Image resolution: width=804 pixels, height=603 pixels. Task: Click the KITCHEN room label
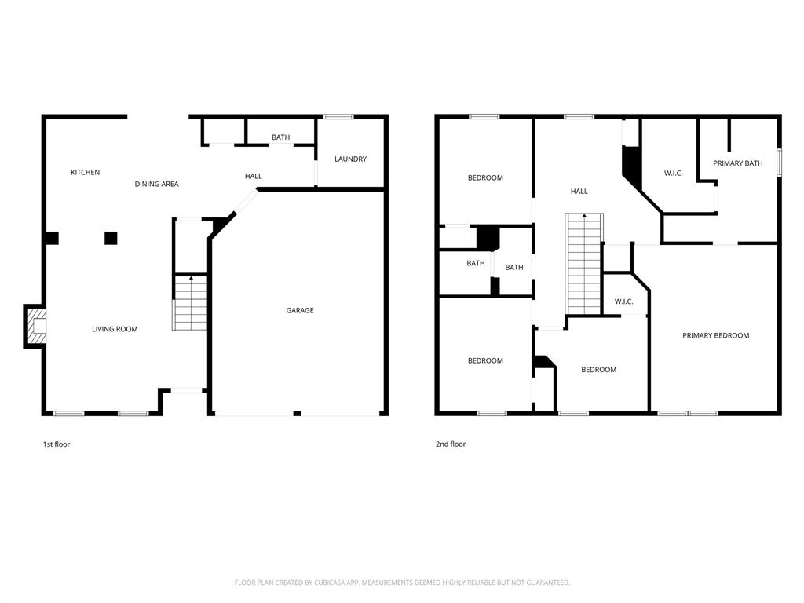[85, 173]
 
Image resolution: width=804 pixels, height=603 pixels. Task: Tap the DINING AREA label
[156, 185]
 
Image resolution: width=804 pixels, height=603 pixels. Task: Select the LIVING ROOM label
[115, 330]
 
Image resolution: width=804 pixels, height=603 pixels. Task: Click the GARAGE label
[299, 311]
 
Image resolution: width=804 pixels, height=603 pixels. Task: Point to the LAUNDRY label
[350, 159]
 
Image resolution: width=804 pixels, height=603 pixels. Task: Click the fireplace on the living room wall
[36, 326]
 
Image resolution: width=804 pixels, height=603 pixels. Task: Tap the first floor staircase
[190, 303]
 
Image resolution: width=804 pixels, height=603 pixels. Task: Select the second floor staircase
[584, 264]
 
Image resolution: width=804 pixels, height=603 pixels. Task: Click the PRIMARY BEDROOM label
[715, 336]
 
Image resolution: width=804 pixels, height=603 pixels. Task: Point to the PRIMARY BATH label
[737, 163]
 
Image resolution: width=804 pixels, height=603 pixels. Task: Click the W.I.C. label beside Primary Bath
[673, 174]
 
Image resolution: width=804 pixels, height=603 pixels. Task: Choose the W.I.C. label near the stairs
[623, 301]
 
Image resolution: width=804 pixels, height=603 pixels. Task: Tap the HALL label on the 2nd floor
[579, 192]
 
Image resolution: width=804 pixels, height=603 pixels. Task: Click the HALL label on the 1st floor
[253, 177]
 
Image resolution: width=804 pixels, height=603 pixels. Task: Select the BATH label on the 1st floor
[280, 137]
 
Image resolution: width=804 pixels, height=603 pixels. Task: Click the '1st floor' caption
[57, 444]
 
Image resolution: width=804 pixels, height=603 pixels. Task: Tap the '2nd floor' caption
[451, 444]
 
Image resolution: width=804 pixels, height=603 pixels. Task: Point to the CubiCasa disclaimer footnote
[402, 583]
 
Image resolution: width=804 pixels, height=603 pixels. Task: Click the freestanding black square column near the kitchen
[111, 238]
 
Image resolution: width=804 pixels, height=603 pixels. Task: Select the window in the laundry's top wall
[338, 117]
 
